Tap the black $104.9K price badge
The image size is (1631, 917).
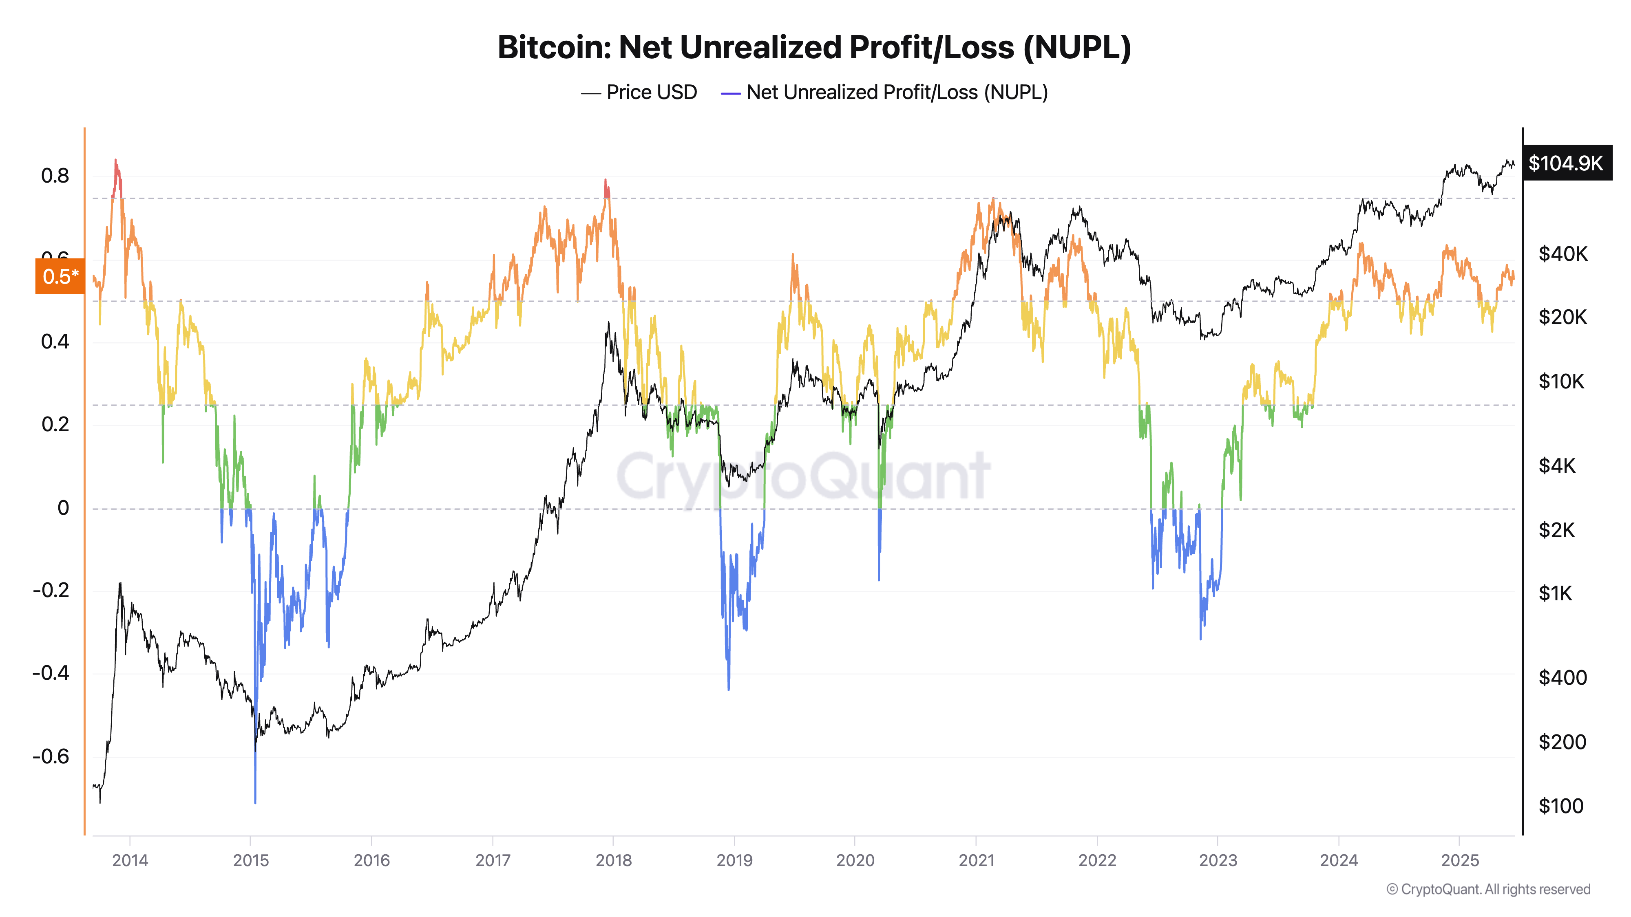coord(1565,163)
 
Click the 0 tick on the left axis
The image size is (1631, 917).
coord(63,507)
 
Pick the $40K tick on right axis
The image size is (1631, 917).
coord(1562,254)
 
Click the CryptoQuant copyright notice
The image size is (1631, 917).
coord(1488,889)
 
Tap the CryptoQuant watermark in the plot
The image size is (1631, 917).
coord(803,476)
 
